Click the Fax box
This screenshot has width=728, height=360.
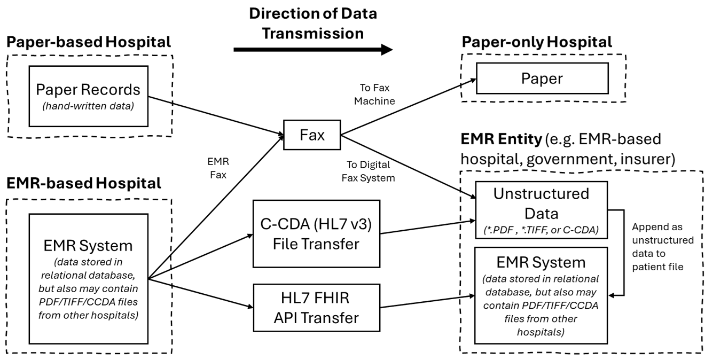coord(312,136)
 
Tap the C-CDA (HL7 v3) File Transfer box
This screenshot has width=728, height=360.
coord(316,233)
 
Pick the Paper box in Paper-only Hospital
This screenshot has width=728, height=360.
coord(542,79)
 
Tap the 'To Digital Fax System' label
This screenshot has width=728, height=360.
coord(368,171)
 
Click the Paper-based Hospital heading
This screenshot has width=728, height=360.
coord(89,41)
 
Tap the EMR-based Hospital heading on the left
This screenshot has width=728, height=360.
coord(83,183)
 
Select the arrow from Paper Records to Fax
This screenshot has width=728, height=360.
coord(214,115)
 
